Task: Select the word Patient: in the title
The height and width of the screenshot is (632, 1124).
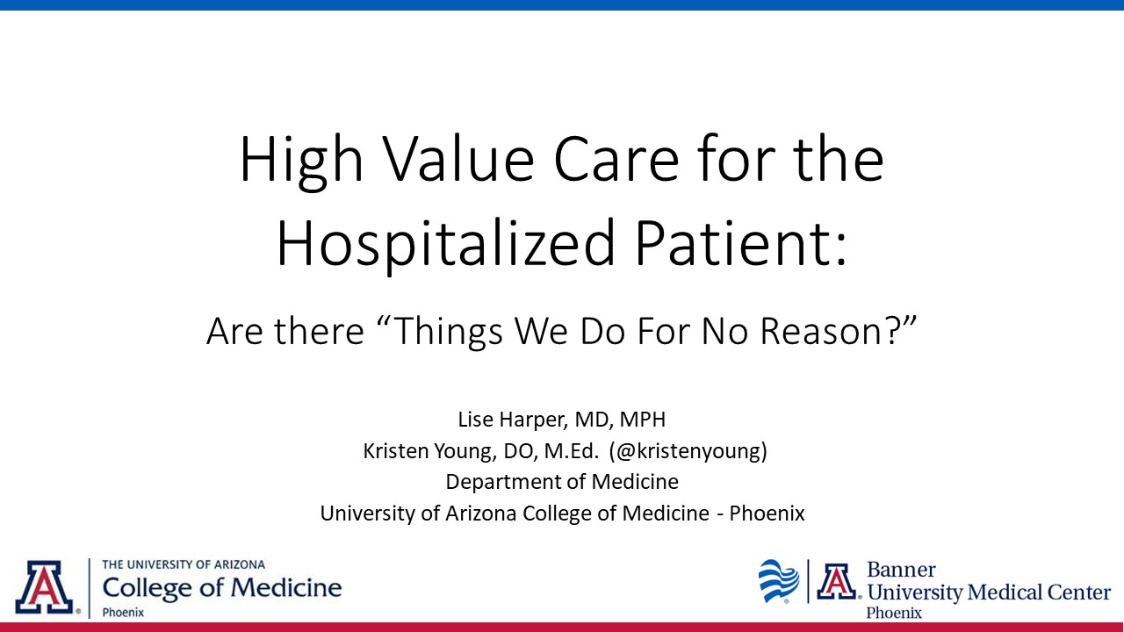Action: click(x=740, y=243)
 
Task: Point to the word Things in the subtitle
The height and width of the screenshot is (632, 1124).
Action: click(x=450, y=332)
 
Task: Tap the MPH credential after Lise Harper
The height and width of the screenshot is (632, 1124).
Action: click(x=642, y=420)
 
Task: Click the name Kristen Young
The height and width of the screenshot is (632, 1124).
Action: click(x=430, y=451)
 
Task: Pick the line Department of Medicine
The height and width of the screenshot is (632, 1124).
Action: click(x=562, y=482)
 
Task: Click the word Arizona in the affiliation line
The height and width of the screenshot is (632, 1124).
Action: click(x=480, y=513)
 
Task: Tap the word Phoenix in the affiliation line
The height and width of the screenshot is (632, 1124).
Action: click(x=767, y=513)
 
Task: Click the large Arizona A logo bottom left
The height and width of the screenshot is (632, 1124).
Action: click(x=45, y=587)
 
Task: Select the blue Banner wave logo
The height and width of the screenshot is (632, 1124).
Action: click(x=779, y=581)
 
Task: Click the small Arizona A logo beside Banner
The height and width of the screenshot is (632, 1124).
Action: click(x=837, y=581)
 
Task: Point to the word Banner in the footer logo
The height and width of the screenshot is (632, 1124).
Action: click(x=901, y=570)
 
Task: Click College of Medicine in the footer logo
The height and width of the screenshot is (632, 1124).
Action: click(x=222, y=588)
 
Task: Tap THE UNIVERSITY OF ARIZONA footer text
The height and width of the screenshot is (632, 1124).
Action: click(x=184, y=564)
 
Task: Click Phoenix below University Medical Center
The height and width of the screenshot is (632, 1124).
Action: click(x=894, y=613)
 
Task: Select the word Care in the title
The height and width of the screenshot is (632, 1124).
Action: click(x=616, y=159)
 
